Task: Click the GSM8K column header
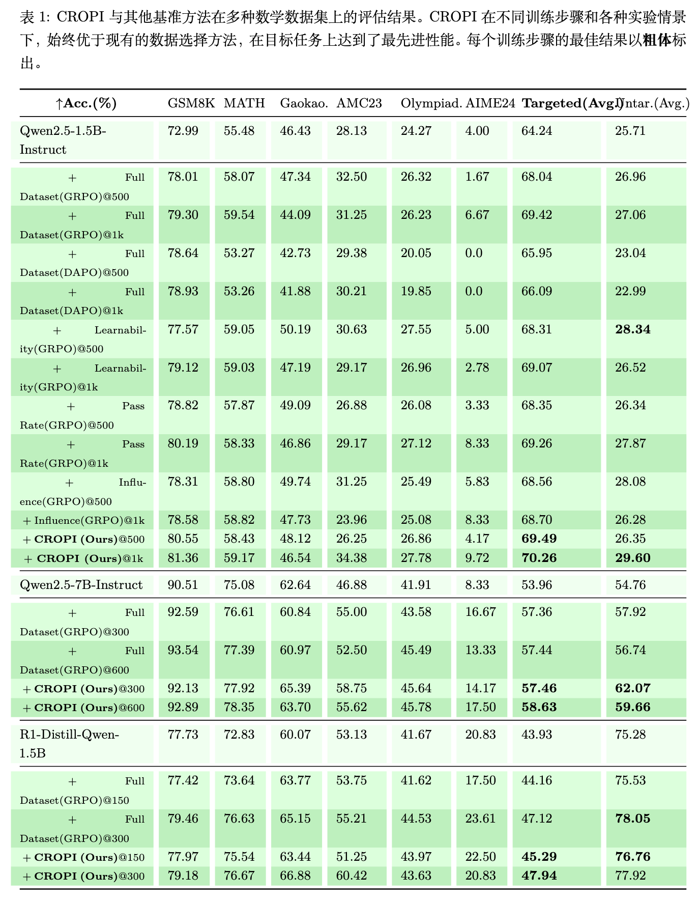coord(191,103)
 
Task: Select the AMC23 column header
coord(359,103)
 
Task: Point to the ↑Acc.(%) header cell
coord(86,103)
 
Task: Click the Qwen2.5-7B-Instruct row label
coord(81,585)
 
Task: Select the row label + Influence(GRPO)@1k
coord(84,520)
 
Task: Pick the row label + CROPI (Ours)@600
coord(84,708)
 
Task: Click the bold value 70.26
coord(539,558)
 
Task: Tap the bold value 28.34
coord(632,329)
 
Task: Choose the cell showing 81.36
coord(183,558)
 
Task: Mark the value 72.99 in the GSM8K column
coord(183,131)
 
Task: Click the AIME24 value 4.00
coord(477,131)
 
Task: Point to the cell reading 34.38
coord(351,558)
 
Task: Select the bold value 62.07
coord(632,689)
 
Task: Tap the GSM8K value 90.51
coord(183,585)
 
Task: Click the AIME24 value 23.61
coord(480,819)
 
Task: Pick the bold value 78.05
coord(632,819)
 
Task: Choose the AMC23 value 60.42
coord(351,876)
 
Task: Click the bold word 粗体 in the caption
coord(657,41)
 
